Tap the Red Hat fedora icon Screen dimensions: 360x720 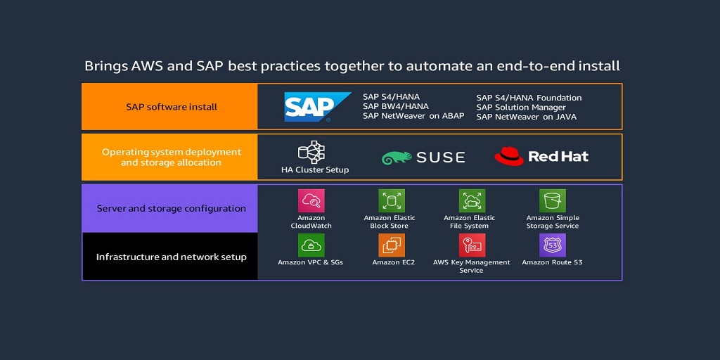509,156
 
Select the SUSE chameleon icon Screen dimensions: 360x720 396,158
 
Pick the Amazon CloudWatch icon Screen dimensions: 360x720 311,201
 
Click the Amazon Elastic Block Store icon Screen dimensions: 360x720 392,201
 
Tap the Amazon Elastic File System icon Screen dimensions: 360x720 472,201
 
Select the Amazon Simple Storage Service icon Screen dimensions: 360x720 553,201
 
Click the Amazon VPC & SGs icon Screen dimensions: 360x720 311,245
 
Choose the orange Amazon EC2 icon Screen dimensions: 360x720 392,245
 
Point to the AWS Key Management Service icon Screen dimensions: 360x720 472,245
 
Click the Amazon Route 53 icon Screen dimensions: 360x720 553,245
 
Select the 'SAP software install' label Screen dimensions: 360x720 172,107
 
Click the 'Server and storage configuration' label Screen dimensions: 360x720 172,209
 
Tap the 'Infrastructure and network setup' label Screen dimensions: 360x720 172,257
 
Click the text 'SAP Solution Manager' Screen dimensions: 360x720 521,108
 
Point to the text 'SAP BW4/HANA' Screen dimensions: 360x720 395,107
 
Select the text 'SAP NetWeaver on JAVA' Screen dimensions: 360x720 526,117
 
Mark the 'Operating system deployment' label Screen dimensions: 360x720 172,152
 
